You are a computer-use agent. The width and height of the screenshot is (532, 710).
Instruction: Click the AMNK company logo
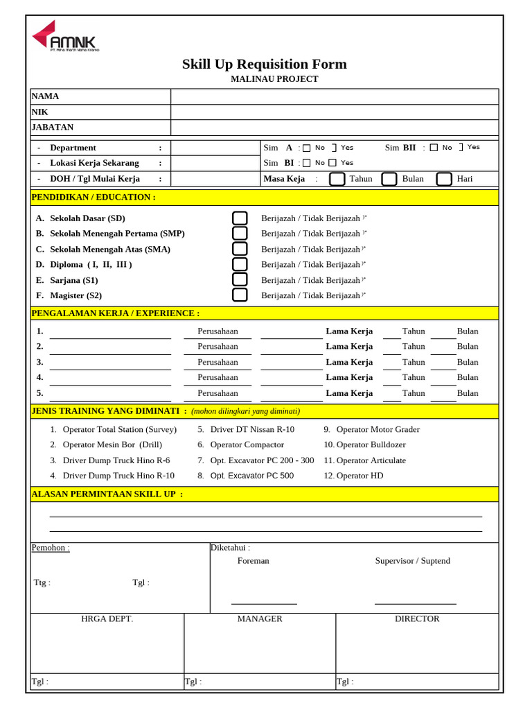point(64,37)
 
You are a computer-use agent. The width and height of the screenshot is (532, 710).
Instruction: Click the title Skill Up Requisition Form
point(264,64)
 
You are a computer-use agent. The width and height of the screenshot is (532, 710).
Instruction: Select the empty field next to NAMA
point(334,96)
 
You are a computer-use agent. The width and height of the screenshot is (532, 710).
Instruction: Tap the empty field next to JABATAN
point(334,128)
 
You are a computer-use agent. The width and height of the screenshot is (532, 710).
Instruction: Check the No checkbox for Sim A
point(306,148)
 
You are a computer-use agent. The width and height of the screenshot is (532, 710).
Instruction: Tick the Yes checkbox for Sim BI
point(332,163)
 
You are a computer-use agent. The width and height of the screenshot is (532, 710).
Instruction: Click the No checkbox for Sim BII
point(434,148)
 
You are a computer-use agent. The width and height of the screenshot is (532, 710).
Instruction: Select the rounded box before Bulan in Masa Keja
point(389,179)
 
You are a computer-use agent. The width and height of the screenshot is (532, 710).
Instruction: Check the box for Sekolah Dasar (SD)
point(240,218)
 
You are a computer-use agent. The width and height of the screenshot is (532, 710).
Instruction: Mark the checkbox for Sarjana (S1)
point(240,280)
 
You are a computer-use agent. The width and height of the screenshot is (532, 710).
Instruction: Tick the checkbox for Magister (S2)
point(240,295)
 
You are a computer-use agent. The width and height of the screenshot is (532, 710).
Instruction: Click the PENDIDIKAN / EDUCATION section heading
point(94,198)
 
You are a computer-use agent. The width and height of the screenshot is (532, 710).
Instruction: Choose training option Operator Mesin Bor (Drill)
point(112,444)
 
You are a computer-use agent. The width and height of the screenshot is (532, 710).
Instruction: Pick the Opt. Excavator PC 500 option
point(251,476)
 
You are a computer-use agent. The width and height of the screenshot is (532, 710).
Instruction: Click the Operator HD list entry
point(359,476)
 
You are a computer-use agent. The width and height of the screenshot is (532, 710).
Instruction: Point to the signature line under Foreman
point(264,603)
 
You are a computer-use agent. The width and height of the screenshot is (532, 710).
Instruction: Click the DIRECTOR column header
point(417,618)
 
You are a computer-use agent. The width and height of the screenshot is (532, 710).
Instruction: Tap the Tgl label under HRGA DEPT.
point(40,682)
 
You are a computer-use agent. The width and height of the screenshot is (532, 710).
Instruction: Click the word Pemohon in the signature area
point(51,548)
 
